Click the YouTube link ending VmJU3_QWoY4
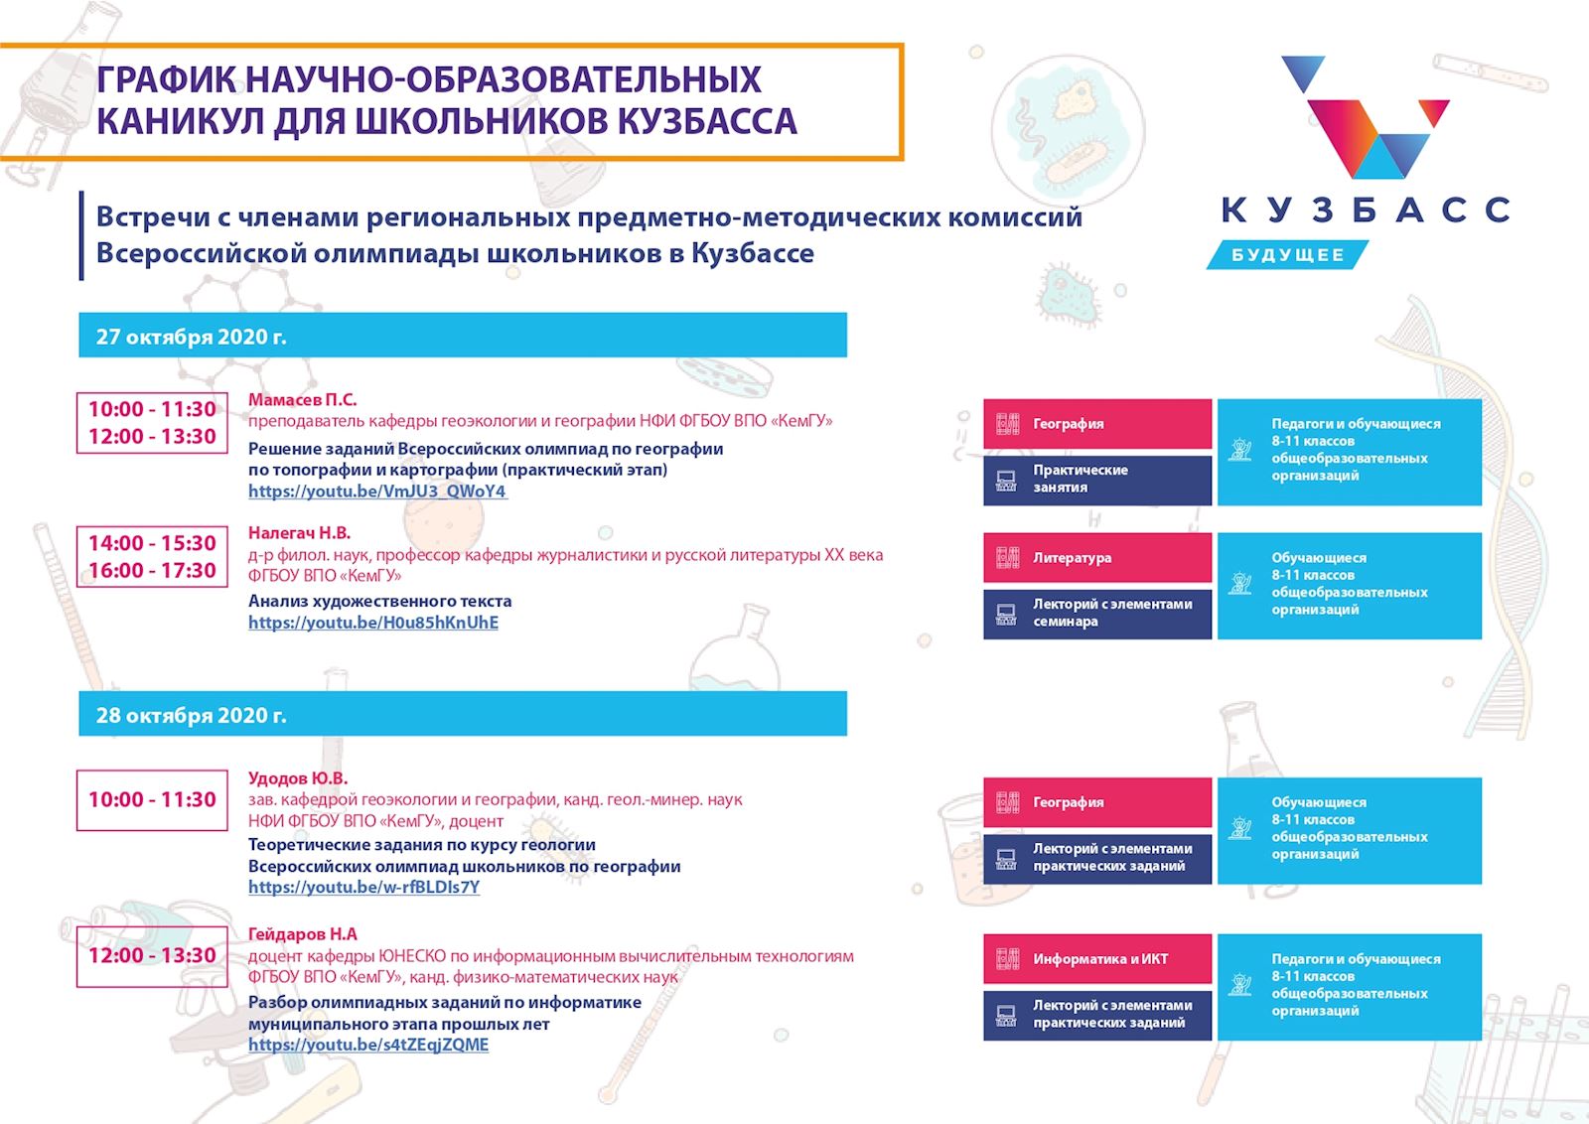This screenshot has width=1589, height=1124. click(377, 491)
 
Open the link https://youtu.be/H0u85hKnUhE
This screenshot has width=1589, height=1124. click(373, 623)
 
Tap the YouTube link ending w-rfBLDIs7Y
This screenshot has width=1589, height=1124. click(363, 887)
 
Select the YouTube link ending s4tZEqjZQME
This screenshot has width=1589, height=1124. click(368, 1045)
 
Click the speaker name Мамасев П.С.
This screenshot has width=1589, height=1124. click(302, 400)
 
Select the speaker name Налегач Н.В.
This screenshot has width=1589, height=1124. click(299, 533)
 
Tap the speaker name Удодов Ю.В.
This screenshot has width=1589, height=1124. click(298, 778)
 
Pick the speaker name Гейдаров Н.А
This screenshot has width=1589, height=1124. click(302, 934)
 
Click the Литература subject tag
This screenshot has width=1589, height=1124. click(1096, 558)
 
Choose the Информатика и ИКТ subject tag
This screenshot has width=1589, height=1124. click(1096, 959)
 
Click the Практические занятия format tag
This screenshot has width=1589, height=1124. click(1096, 481)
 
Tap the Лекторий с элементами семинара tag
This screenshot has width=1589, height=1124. click(1096, 614)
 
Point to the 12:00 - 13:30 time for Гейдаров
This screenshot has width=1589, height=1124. click(152, 956)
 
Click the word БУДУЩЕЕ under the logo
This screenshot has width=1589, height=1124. click(1287, 255)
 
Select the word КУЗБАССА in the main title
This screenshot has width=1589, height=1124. click(707, 121)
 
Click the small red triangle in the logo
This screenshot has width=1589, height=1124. click(1434, 112)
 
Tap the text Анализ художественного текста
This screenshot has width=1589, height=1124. click(379, 602)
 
